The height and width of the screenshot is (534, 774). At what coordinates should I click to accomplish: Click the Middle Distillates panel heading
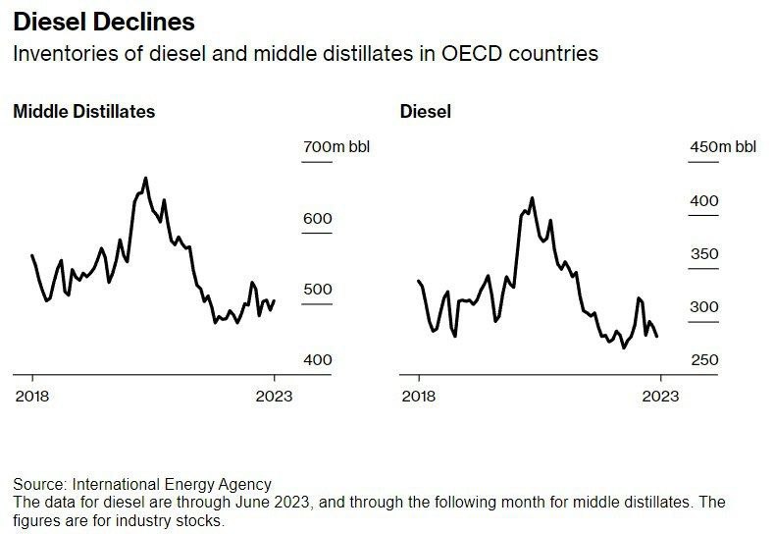83,111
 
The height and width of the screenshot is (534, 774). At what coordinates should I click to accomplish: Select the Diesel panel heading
426,111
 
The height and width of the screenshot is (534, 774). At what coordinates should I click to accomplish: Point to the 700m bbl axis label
336,147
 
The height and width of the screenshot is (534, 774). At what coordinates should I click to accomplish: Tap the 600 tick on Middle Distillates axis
317,218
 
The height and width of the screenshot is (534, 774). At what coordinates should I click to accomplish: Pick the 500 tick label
317,290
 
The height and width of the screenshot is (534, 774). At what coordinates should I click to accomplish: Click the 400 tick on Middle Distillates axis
317,360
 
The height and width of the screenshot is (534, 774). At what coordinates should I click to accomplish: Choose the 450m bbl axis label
723,147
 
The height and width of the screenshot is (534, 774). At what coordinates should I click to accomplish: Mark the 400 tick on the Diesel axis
704,201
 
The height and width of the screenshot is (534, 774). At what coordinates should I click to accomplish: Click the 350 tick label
704,254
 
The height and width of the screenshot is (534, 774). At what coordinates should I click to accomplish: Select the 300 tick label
704,307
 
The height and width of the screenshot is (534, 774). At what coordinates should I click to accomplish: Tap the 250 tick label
704,360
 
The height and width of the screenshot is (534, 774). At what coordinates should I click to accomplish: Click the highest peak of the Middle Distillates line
145,179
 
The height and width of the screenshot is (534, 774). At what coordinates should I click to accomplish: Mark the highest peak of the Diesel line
532,198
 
